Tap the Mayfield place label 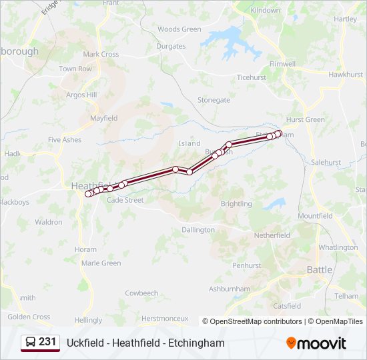103,118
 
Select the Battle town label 319,270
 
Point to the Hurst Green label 305,120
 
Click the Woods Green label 179,29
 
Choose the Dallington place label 198,230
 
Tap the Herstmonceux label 163,319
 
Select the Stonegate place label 214,100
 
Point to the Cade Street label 125,200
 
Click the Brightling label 236,204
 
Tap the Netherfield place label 272,236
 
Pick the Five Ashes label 65,140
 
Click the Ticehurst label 251,77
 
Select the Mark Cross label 101,55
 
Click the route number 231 47,342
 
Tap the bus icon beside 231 31,343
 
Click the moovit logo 316,343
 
